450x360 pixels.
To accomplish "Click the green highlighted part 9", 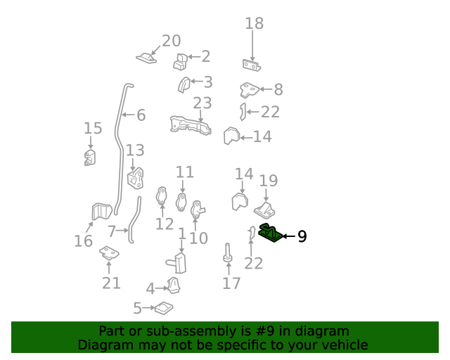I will pyautogui.click(x=270, y=232).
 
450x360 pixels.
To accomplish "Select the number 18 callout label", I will pyautogui.click(x=254, y=23).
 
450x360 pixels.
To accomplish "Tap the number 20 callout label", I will pyautogui.click(x=171, y=41).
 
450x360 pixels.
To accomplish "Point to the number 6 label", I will pyautogui.click(x=141, y=115).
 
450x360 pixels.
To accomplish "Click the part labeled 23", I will pyautogui.click(x=190, y=125).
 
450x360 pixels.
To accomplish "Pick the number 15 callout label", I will pyautogui.click(x=93, y=128).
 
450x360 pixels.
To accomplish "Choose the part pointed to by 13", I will pyautogui.click(x=135, y=177).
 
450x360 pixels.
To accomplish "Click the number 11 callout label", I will pyautogui.click(x=184, y=172).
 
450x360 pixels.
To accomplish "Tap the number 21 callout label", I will pyautogui.click(x=111, y=283).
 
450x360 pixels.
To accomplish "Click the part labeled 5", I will pyautogui.click(x=164, y=307).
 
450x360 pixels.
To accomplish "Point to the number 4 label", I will pyautogui.click(x=150, y=288).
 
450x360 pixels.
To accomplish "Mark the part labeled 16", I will pyautogui.click(x=102, y=211).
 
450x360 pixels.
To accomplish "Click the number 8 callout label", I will pyautogui.click(x=278, y=89).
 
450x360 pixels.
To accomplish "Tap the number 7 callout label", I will pyautogui.click(x=112, y=231).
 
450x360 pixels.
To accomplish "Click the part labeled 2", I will pyautogui.click(x=180, y=62).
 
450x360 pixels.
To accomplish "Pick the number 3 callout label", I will pyautogui.click(x=207, y=82).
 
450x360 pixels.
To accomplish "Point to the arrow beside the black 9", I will pyautogui.click(x=288, y=236).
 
